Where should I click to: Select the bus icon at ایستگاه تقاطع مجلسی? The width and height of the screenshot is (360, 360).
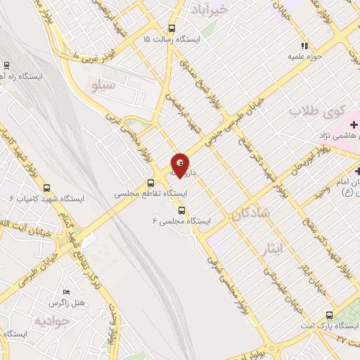tap(150, 182)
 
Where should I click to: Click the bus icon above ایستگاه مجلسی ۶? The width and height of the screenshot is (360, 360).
tap(182, 210)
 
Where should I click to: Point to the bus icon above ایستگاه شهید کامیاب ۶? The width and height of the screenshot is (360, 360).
tap(47, 188)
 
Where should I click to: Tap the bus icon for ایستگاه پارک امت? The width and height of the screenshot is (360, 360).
tap(329, 314)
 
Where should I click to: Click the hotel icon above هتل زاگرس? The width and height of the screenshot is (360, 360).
tap(66, 292)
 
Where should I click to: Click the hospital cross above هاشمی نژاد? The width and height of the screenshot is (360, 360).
tap(354, 124)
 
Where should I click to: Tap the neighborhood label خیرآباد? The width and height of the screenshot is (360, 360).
tap(210, 9)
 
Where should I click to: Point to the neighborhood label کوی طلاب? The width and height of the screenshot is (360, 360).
tap(319, 111)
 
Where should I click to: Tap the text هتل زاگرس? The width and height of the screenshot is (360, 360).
tap(66, 303)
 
